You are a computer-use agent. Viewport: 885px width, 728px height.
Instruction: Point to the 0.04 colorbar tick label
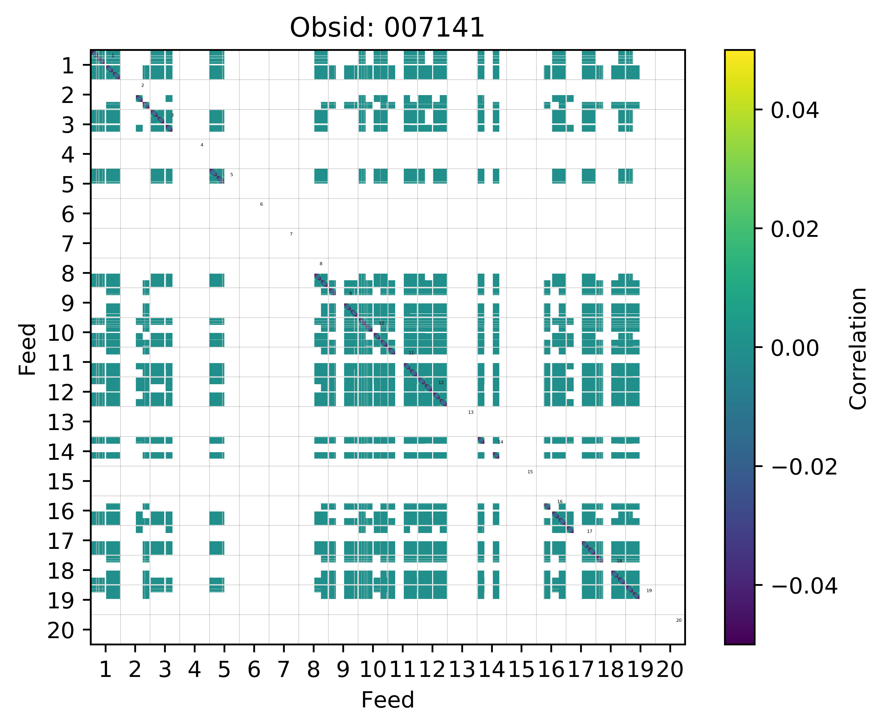coord(794,111)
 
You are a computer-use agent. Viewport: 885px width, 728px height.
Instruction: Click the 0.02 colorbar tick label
coord(794,229)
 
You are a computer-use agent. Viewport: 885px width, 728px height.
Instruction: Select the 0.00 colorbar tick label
coord(794,348)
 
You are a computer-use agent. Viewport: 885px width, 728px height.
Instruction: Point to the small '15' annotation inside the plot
coord(530,472)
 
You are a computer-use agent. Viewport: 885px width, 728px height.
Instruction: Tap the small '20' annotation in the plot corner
coord(679,620)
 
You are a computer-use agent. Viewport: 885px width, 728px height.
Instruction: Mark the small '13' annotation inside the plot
coord(471,412)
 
